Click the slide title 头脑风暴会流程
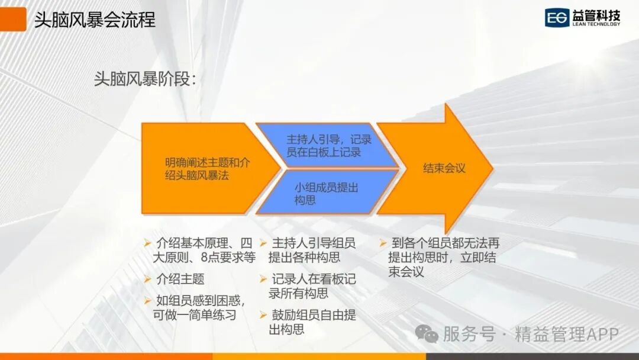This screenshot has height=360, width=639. point(95,20)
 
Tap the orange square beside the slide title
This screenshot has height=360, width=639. point(13,20)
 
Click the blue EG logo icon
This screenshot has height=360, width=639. point(557,18)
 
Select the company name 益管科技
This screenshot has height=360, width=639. point(596,15)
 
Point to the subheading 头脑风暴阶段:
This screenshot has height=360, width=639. point(145,79)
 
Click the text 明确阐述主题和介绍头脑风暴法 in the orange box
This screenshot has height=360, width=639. point(208,169)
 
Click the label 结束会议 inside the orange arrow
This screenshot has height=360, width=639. point(444,168)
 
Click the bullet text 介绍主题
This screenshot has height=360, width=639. point(180,279)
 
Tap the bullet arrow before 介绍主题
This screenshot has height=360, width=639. point(147,279)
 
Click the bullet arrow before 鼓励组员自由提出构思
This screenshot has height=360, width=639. point(263,315)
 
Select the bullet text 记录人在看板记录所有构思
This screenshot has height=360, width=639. point(312,286)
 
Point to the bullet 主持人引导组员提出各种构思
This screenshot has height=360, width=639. point(312,250)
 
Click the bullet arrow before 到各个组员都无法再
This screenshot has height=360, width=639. point(383,243)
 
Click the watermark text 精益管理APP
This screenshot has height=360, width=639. point(567,334)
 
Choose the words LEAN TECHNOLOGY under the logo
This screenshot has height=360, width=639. point(596,24)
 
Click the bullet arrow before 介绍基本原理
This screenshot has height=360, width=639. point(147,243)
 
